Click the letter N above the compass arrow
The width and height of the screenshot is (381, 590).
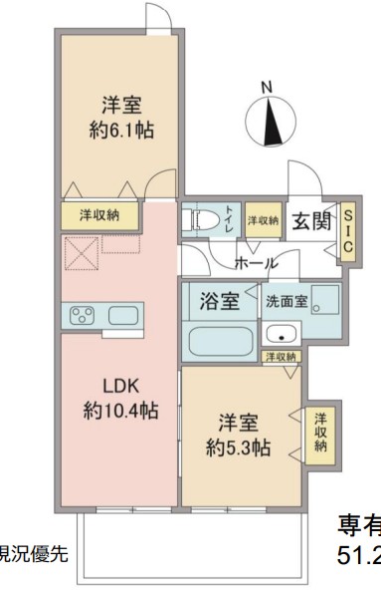pos(266,89)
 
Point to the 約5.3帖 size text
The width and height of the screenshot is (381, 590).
pos(240,448)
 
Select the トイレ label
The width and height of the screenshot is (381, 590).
pos(229,219)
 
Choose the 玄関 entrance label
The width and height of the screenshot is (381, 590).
pos(310,220)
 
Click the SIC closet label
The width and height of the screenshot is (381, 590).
pos(347,233)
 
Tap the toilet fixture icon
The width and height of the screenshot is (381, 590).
pos(200,219)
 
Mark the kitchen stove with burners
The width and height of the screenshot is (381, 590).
pos(82,316)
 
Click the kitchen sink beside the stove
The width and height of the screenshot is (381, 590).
pos(124,316)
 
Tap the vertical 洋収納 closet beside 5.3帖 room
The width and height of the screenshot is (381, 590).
pos(320,433)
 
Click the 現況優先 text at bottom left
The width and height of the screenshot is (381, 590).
pos(32,553)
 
